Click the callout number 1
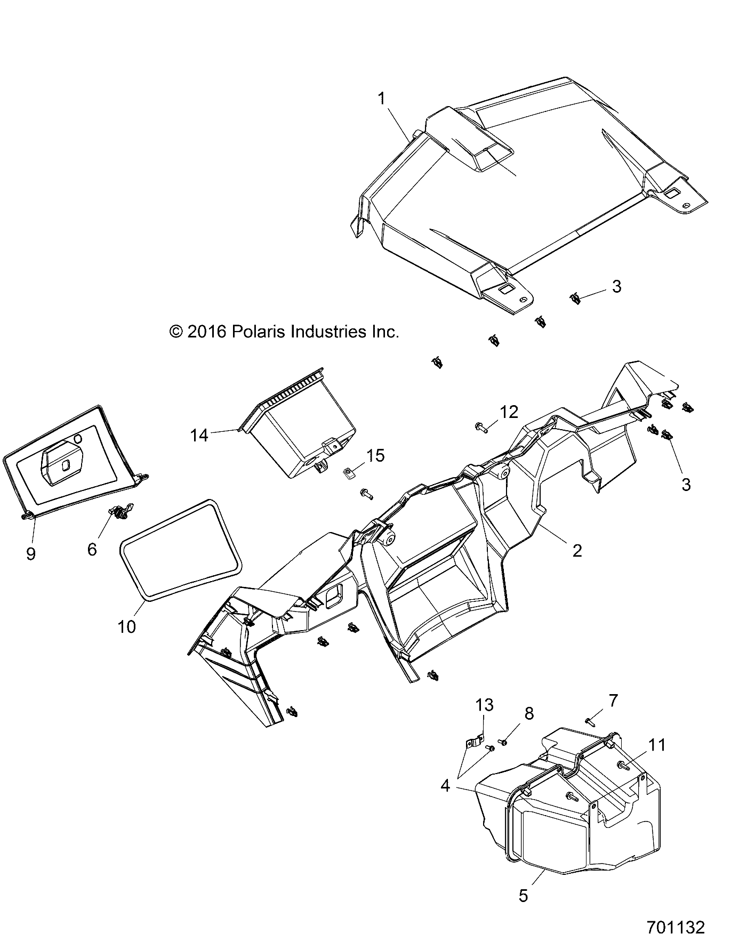click(x=396, y=99)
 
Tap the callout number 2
click(x=577, y=550)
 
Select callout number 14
click(x=199, y=436)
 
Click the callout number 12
click(x=509, y=412)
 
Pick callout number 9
click(x=30, y=554)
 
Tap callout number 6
click(x=92, y=549)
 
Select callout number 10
click(x=127, y=626)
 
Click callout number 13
click(x=485, y=705)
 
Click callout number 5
click(x=523, y=896)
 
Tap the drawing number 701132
click(x=676, y=927)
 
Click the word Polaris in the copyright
click(x=259, y=332)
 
